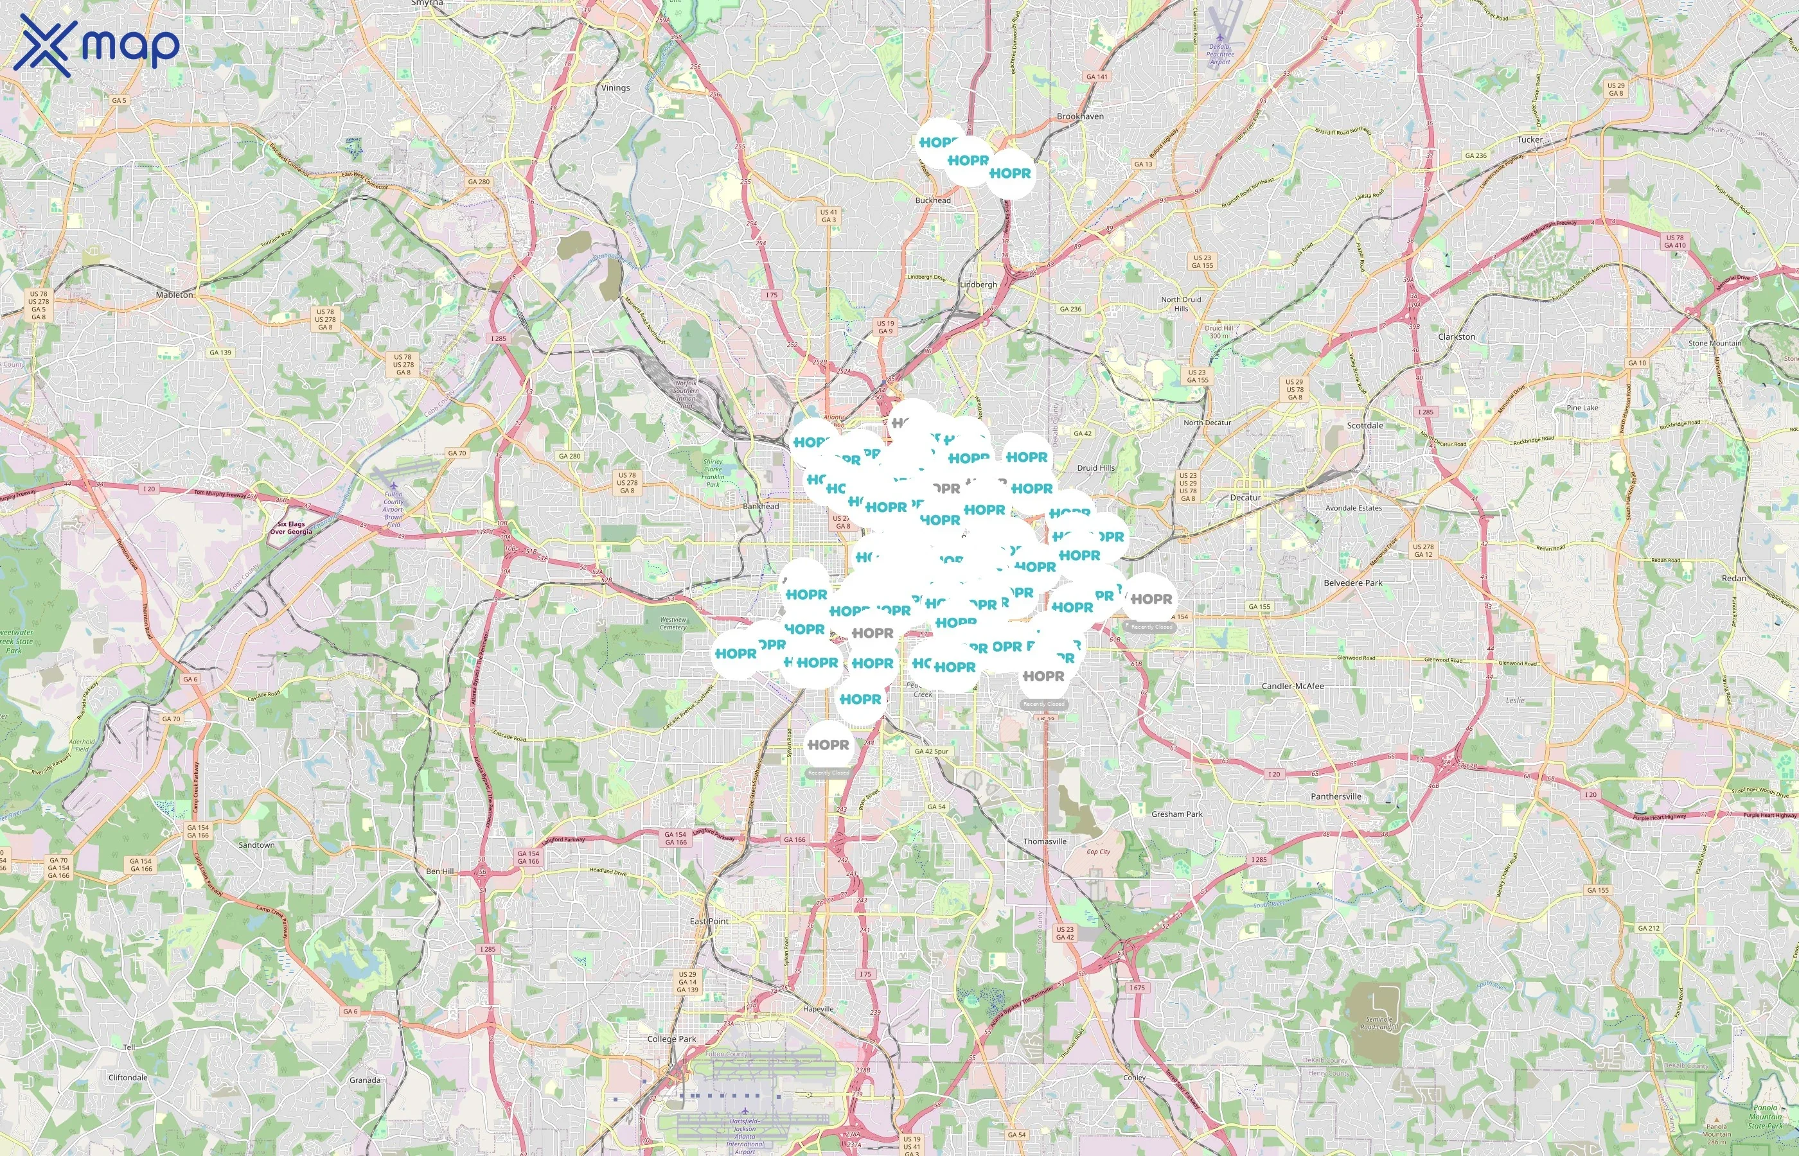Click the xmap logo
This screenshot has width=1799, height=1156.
96,45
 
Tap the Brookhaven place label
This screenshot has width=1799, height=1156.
1079,116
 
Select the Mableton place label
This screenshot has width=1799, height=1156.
174,295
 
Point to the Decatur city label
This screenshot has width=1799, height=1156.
1245,498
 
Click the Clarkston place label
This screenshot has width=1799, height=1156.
1456,337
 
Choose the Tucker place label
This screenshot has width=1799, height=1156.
1529,139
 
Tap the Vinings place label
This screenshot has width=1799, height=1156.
615,88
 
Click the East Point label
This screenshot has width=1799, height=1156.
709,921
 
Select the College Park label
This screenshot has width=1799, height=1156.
671,1039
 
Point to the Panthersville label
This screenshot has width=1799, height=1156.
1336,796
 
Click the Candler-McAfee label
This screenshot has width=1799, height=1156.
1292,686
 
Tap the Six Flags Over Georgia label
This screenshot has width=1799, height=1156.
290,528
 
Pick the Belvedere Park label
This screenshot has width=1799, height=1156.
1352,582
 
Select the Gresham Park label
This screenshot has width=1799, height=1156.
1176,814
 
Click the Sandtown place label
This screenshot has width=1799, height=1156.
256,845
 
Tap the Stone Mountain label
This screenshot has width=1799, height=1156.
1714,343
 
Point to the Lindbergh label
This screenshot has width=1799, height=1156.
978,285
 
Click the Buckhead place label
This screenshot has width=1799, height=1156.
932,200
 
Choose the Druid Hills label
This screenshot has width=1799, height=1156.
1095,468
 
